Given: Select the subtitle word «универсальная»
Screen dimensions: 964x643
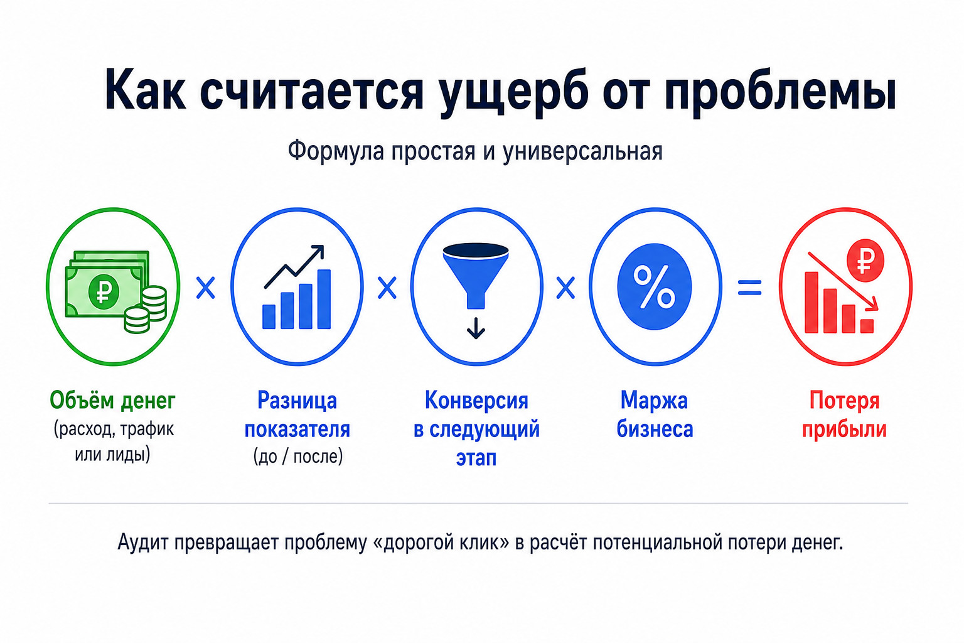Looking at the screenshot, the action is pyautogui.click(x=582, y=151).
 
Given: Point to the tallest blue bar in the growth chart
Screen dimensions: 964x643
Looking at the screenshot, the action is pyautogui.click(x=324, y=299).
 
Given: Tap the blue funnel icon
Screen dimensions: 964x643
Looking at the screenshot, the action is pyautogui.click(x=476, y=276).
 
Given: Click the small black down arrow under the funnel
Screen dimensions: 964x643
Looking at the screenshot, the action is pyautogui.click(x=476, y=328).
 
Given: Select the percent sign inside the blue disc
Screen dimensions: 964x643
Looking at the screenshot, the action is pyautogui.click(x=654, y=286).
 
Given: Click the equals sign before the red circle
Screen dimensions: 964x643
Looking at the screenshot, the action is pyautogui.click(x=750, y=288).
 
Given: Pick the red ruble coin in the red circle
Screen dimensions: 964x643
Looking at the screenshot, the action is pyautogui.click(x=865, y=261).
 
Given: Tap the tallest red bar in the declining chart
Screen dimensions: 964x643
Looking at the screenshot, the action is pyautogui.click(x=811, y=302).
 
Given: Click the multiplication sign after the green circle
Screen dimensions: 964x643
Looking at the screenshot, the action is pyautogui.click(x=206, y=288).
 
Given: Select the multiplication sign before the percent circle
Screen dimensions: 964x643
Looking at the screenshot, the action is pyautogui.click(x=565, y=288).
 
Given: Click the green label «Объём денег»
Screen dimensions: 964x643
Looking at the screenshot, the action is pyautogui.click(x=113, y=400).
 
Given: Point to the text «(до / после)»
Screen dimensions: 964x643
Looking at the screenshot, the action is pyautogui.click(x=298, y=457).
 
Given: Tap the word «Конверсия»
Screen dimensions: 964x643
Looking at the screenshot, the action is pyautogui.click(x=476, y=401).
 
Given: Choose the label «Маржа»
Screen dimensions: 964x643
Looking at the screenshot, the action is pyautogui.click(x=654, y=401).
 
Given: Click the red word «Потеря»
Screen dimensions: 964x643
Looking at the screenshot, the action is pyautogui.click(x=844, y=401).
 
